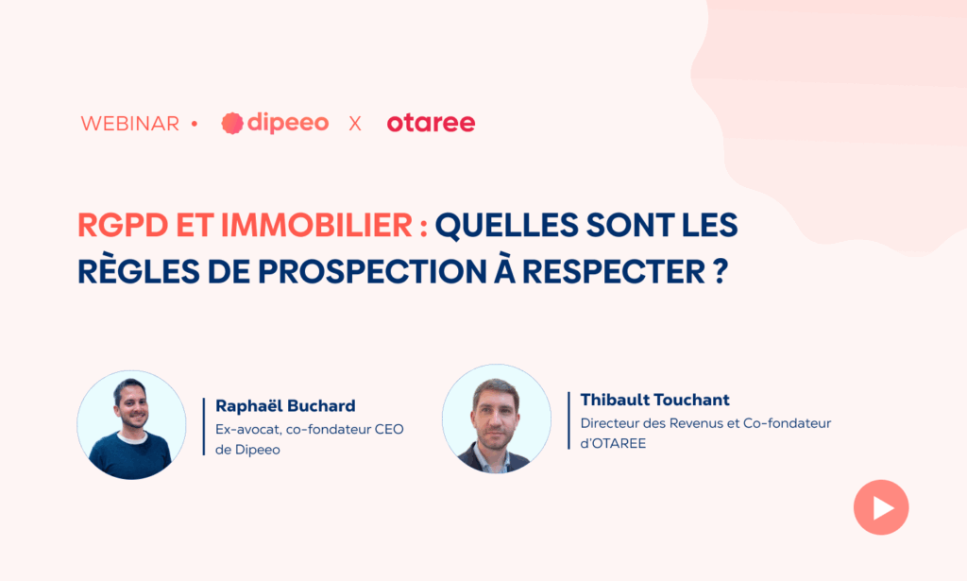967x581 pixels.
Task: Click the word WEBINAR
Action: pos(129,124)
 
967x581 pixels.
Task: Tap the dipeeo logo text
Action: pos(287,124)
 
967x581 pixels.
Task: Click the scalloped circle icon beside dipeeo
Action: pos(232,124)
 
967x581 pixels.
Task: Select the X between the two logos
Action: pos(355,124)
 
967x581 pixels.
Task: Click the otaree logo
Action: pos(431,123)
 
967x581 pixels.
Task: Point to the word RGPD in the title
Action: pos(123,225)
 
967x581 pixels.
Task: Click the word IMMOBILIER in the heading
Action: pos(316,225)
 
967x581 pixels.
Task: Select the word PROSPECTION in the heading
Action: pos(372,272)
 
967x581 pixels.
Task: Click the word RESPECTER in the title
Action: pos(614,272)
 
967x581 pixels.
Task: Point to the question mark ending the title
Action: pos(721,272)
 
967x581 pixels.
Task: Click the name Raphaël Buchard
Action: pos(285,406)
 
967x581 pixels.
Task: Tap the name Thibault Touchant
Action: pos(655,400)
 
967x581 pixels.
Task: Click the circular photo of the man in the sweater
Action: pos(131,425)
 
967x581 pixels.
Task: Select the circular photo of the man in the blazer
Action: pos(497,419)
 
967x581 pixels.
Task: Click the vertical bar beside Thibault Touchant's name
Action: pos(568,420)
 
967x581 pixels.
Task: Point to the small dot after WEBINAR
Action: pos(195,124)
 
